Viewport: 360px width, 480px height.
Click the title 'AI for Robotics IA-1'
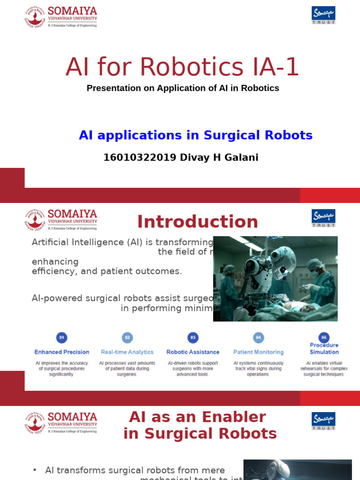coord(182,67)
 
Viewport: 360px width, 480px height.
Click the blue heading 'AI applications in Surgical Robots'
coord(195,135)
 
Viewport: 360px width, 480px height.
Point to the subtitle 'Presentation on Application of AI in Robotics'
coord(183,88)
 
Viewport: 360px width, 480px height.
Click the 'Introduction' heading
coord(197,222)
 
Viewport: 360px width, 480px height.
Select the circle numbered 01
coord(61,337)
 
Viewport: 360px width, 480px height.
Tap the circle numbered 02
coord(127,337)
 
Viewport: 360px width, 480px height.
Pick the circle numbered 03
coord(193,337)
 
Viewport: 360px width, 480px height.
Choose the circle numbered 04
coord(258,337)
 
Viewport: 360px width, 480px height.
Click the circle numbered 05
coord(324,337)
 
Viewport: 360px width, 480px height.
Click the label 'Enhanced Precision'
coord(62,352)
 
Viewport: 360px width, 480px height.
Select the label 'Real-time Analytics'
coord(127,352)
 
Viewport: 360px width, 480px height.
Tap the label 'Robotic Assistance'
coord(193,352)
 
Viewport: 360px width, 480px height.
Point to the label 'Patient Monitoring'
coord(258,352)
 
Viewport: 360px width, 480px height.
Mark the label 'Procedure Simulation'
coord(324,349)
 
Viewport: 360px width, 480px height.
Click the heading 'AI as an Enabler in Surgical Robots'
coord(200,425)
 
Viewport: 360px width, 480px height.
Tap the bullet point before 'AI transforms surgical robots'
coord(35,470)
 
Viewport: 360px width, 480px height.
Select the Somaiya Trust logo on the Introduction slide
coord(323,218)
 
